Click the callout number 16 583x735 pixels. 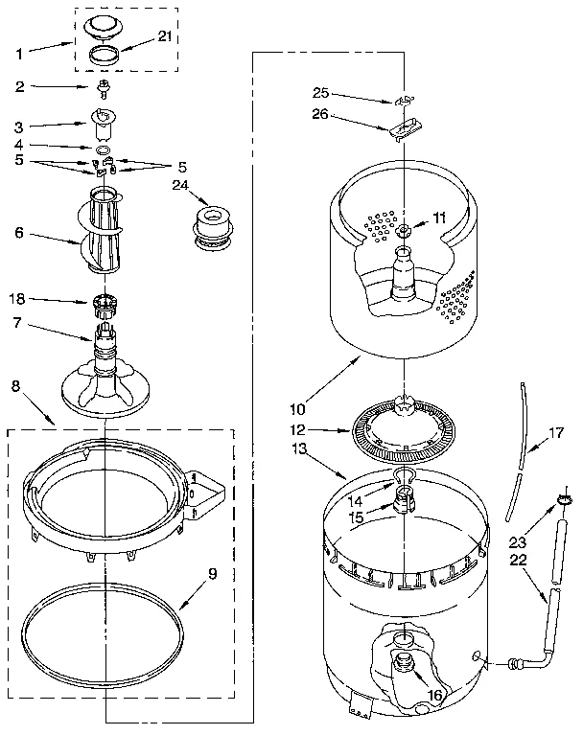434,697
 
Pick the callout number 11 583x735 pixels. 438,218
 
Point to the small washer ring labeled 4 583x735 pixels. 101,149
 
